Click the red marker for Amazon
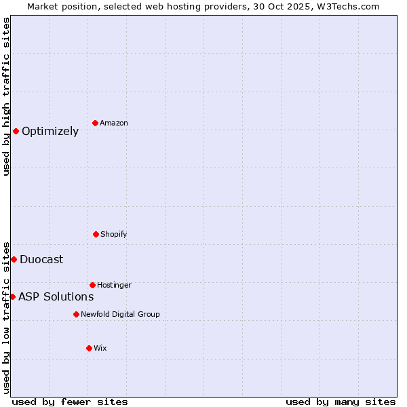click(96, 123)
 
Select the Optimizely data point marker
click(16, 131)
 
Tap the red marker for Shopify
click(96, 234)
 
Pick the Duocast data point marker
click(14, 259)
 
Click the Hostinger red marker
click(92, 285)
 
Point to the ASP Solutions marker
click(12, 296)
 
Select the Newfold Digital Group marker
click(76, 314)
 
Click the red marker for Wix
click(89, 348)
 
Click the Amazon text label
click(114, 123)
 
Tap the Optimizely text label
click(50, 132)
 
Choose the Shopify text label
click(114, 234)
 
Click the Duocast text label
click(41, 259)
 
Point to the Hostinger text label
click(114, 285)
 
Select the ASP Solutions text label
click(56, 296)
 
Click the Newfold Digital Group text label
click(120, 314)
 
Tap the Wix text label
click(100, 348)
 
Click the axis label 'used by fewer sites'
click(70, 402)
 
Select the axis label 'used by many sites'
click(341, 402)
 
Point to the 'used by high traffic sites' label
click(6, 96)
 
